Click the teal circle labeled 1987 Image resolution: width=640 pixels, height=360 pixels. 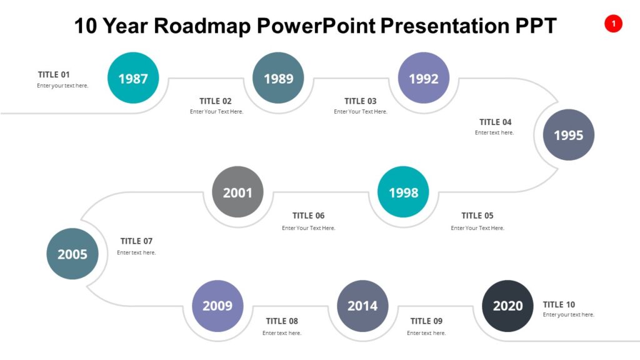click(x=133, y=78)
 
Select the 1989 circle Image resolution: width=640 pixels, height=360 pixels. click(x=278, y=78)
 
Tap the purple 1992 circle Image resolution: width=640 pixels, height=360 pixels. click(x=424, y=78)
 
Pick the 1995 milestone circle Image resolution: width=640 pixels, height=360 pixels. click(x=568, y=135)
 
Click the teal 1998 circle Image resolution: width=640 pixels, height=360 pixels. click(x=403, y=192)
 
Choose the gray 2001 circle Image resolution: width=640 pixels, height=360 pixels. click(x=237, y=192)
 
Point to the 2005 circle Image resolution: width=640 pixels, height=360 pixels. click(x=72, y=254)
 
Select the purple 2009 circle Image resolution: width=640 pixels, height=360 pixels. click(x=217, y=306)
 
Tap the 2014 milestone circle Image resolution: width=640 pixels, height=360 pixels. click(x=362, y=306)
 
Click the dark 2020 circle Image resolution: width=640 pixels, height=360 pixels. click(x=507, y=306)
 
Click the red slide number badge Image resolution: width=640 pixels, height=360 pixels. click(x=613, y=24)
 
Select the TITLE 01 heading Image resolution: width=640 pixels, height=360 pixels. click(x=54, y=74)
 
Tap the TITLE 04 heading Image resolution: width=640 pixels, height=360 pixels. click(x=495, y=122)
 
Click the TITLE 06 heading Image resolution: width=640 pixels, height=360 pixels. click(x=308, y=216)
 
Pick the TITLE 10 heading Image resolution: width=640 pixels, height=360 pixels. click(x=559, y=304)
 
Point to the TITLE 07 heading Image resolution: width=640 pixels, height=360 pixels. click(x=136, y=241)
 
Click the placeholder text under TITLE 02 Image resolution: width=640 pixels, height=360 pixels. click(x=216, y=112)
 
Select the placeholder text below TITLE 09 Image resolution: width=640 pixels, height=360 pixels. click(x=426, y=333)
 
